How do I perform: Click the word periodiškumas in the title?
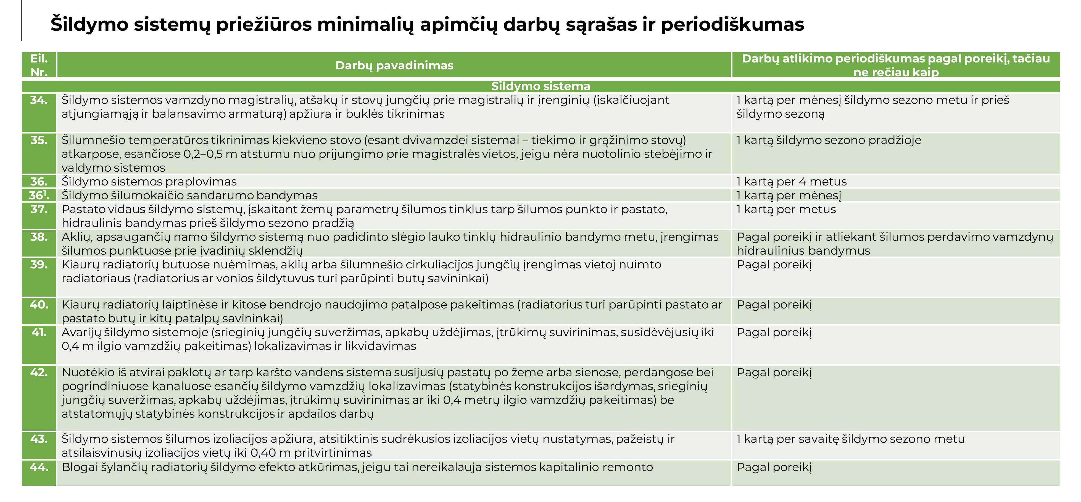point(732,25)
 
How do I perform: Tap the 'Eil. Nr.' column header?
point(39,65)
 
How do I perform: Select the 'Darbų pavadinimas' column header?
point(394,66)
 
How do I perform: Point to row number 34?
point(39,100)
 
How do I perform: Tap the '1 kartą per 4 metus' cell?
point(792,181)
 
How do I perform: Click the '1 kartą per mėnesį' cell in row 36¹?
point(789,195)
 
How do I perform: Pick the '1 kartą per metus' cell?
point(786,209)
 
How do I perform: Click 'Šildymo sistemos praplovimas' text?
point(149,181)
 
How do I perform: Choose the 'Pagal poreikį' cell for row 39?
point(774,265)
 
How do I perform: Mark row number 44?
point(39,467)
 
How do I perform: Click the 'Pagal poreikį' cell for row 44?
point(774,467)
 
